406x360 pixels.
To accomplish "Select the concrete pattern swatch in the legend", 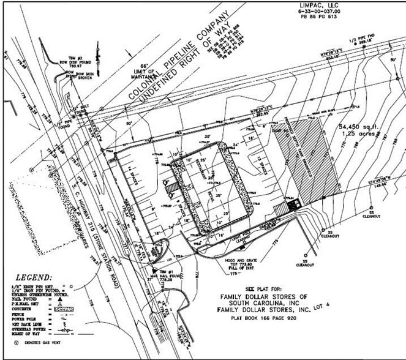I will pos(63,310).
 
